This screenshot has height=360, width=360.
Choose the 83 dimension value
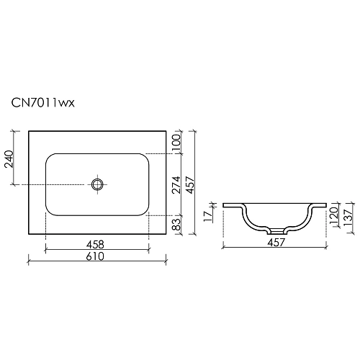coord(176,225)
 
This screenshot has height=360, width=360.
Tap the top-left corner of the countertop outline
coord(28,131)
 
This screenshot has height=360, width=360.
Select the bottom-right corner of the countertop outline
coord(167,235)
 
